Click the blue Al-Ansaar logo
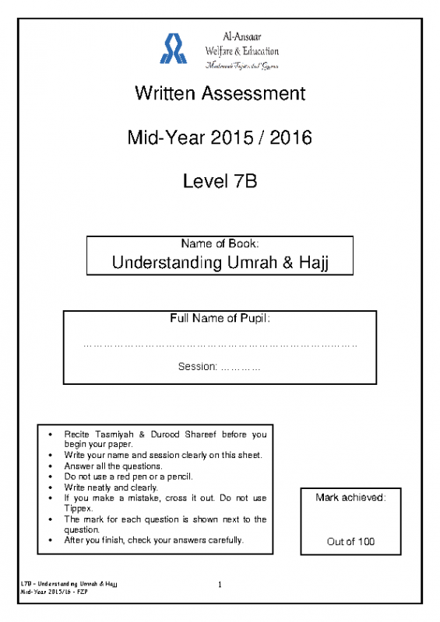point(173,48)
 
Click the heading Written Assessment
point(220,94)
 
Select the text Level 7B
point(220,183)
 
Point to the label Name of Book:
point(220,243)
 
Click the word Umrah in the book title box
point(255,262)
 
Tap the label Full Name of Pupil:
point(220,319)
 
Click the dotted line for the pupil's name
point(220,343)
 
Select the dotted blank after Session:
point(241,366)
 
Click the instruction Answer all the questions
point(113,466)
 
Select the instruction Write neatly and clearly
point(111,487)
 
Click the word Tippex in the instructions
point(79,508)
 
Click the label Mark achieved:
point(350,497)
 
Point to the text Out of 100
point(350,541)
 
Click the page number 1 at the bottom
point(220,585)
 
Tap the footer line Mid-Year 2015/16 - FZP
point(54,592)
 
